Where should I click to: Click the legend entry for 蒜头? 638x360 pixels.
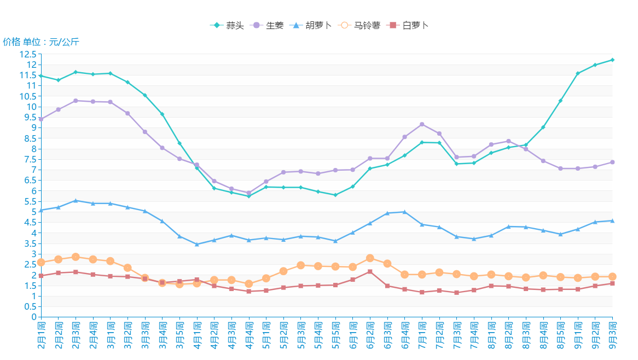click(x=228, y=26)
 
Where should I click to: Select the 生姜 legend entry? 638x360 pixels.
click(x=268, y=26)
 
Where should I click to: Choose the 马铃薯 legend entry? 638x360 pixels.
click(x=359, y=26)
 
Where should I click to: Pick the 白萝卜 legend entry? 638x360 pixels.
click(x=408, y=26)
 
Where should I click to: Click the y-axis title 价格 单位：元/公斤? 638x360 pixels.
click(x=41, y=42)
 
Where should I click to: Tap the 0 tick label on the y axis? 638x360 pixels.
click(x=33, y=317)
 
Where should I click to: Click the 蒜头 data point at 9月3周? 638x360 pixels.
click(x=612, y=60)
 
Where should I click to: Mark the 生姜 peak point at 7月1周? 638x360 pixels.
click(x=422, y=124)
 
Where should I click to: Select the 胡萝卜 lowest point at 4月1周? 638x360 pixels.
click(x=197, y=244)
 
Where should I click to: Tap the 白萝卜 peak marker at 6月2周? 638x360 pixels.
click(x=370, y=271)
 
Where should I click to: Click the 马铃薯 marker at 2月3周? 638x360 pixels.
click(x=76, y=257)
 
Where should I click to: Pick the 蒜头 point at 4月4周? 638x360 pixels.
click(x=249, y=196)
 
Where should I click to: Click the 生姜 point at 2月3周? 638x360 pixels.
click(x=76, y=101)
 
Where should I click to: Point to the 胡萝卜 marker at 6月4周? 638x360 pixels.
click(x=404, y=212)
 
